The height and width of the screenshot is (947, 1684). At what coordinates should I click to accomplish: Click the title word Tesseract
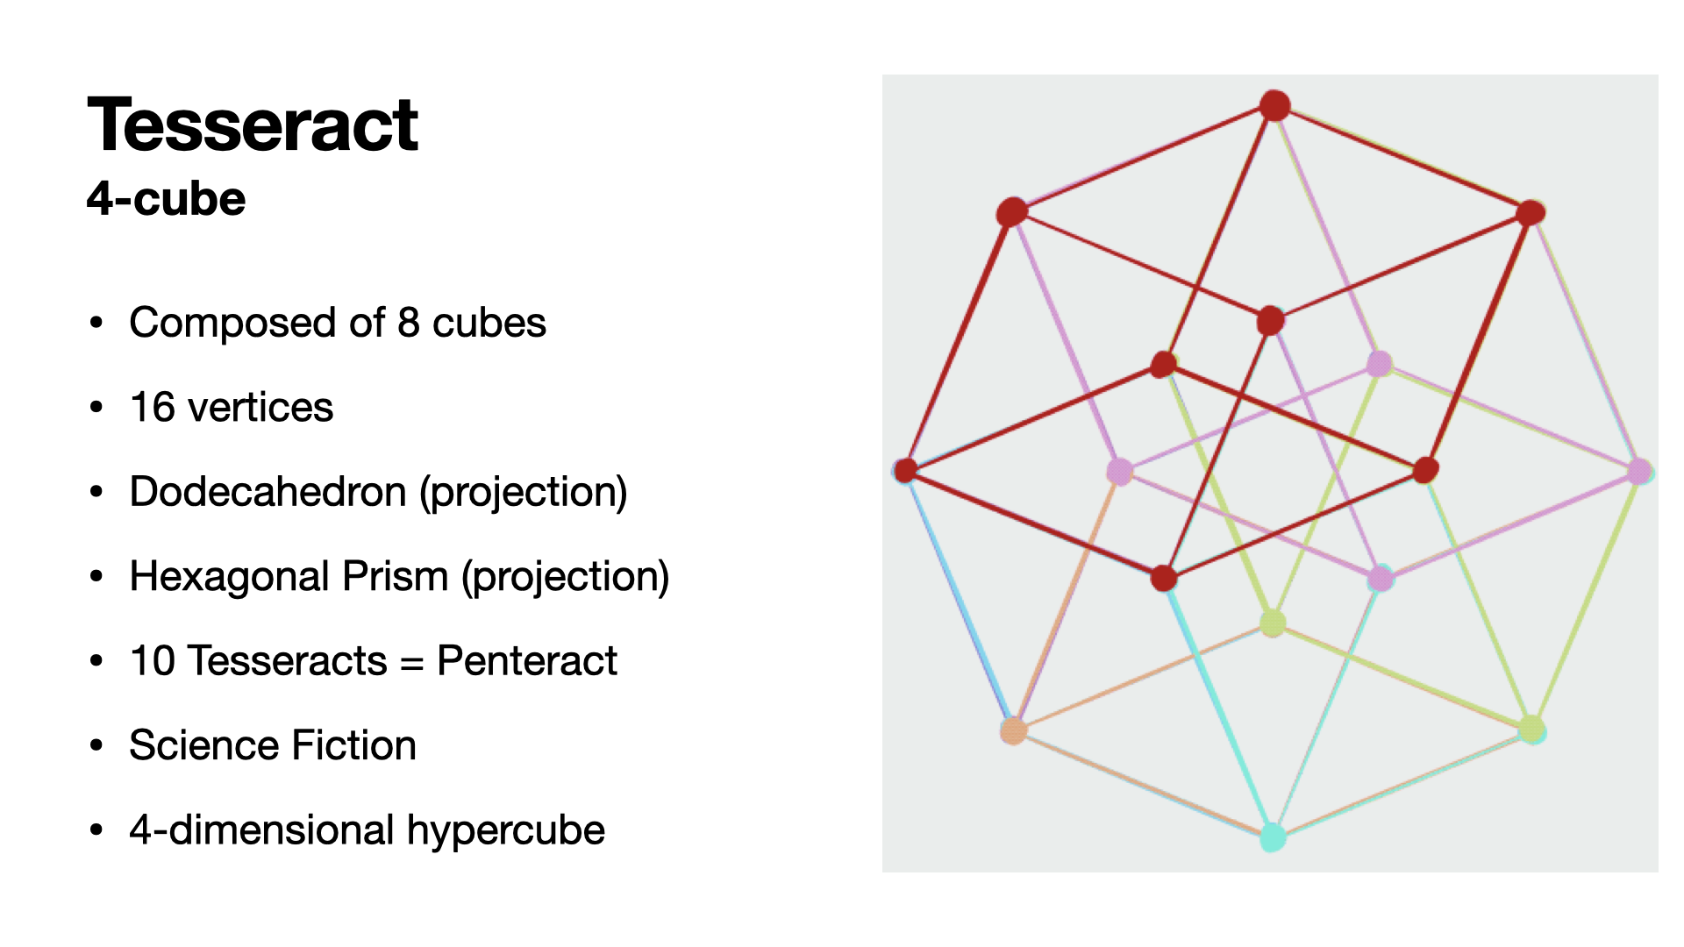253,125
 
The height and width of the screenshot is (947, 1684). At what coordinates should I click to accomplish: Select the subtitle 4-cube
166,199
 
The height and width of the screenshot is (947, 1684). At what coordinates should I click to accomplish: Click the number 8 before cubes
408,323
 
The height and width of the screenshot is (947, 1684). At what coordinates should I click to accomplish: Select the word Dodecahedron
268,492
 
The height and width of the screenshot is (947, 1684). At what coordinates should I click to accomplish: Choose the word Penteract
527,661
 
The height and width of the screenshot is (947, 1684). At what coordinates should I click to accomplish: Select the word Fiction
354,746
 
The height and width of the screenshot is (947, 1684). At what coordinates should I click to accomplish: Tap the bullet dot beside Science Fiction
96,746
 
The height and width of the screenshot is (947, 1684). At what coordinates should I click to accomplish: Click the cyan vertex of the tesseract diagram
1273,837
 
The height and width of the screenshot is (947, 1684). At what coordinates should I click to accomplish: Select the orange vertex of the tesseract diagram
1014,730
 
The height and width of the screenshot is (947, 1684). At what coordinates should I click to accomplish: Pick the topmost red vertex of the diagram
1274,105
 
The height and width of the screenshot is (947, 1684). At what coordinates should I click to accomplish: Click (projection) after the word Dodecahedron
524,493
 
